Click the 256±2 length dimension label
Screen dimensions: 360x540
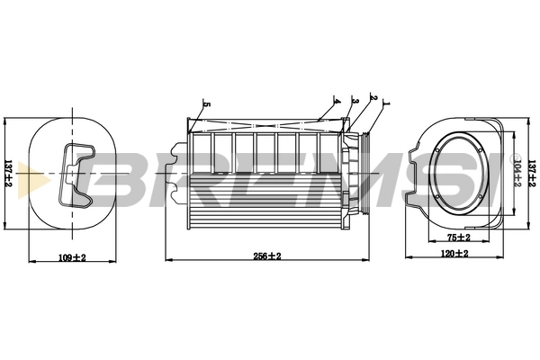(x=267, y=256)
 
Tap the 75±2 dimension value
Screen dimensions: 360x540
(x=459, y=238)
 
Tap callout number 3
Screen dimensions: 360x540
(x=355, y=101)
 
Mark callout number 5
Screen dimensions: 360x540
(x=206, y=104)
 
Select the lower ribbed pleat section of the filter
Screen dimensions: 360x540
(x=267, y=208)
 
